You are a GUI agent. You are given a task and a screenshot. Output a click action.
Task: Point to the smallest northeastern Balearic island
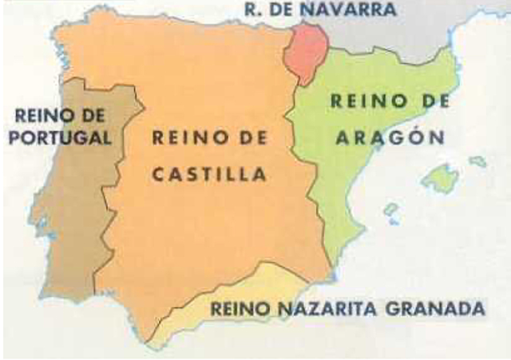point(477,162)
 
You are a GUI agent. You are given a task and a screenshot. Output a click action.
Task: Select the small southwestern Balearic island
point(390,212)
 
